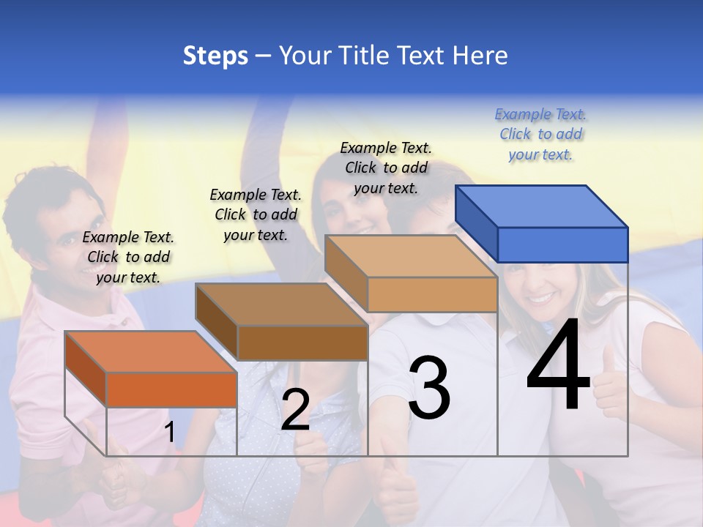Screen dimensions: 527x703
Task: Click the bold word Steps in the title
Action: pyautogui.click(x=215, y=56)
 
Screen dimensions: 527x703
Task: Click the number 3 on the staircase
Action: pyautogui.click(x=429, y=388)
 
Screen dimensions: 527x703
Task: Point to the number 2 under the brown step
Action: pyautogui.click(x=295, y=410)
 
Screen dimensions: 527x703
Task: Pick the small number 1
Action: pyautogui.click(x=170, y=432)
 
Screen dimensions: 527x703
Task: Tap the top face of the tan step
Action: pyautogui.click(x=411, y=256)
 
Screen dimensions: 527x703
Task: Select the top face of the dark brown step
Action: pyautogui.click(x=281, y=304)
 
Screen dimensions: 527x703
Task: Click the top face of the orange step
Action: pyautogui.click(x=151, y=351)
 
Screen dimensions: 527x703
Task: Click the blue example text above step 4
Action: pyautogui.click(x=540, y=135)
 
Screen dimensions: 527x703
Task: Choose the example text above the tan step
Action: pyautogui.click(x=386, y=168)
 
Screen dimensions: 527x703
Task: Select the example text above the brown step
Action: pyautogui.click(x=256, y=214)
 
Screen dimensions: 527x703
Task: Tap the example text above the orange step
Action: pyautogui.click(x=128, y=257)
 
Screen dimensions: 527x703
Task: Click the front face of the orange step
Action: pyautogui.click(x=171, y=389)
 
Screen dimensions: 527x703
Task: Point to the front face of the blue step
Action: pyautogui.click(x=562, y=244)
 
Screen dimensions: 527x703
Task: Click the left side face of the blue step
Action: pyautogui.click(x=476, y=223)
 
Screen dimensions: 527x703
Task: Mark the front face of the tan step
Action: pyautogui.click(x=432, y=294)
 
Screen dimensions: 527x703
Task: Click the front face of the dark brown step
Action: pyautogui.click(x=302, y=343)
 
